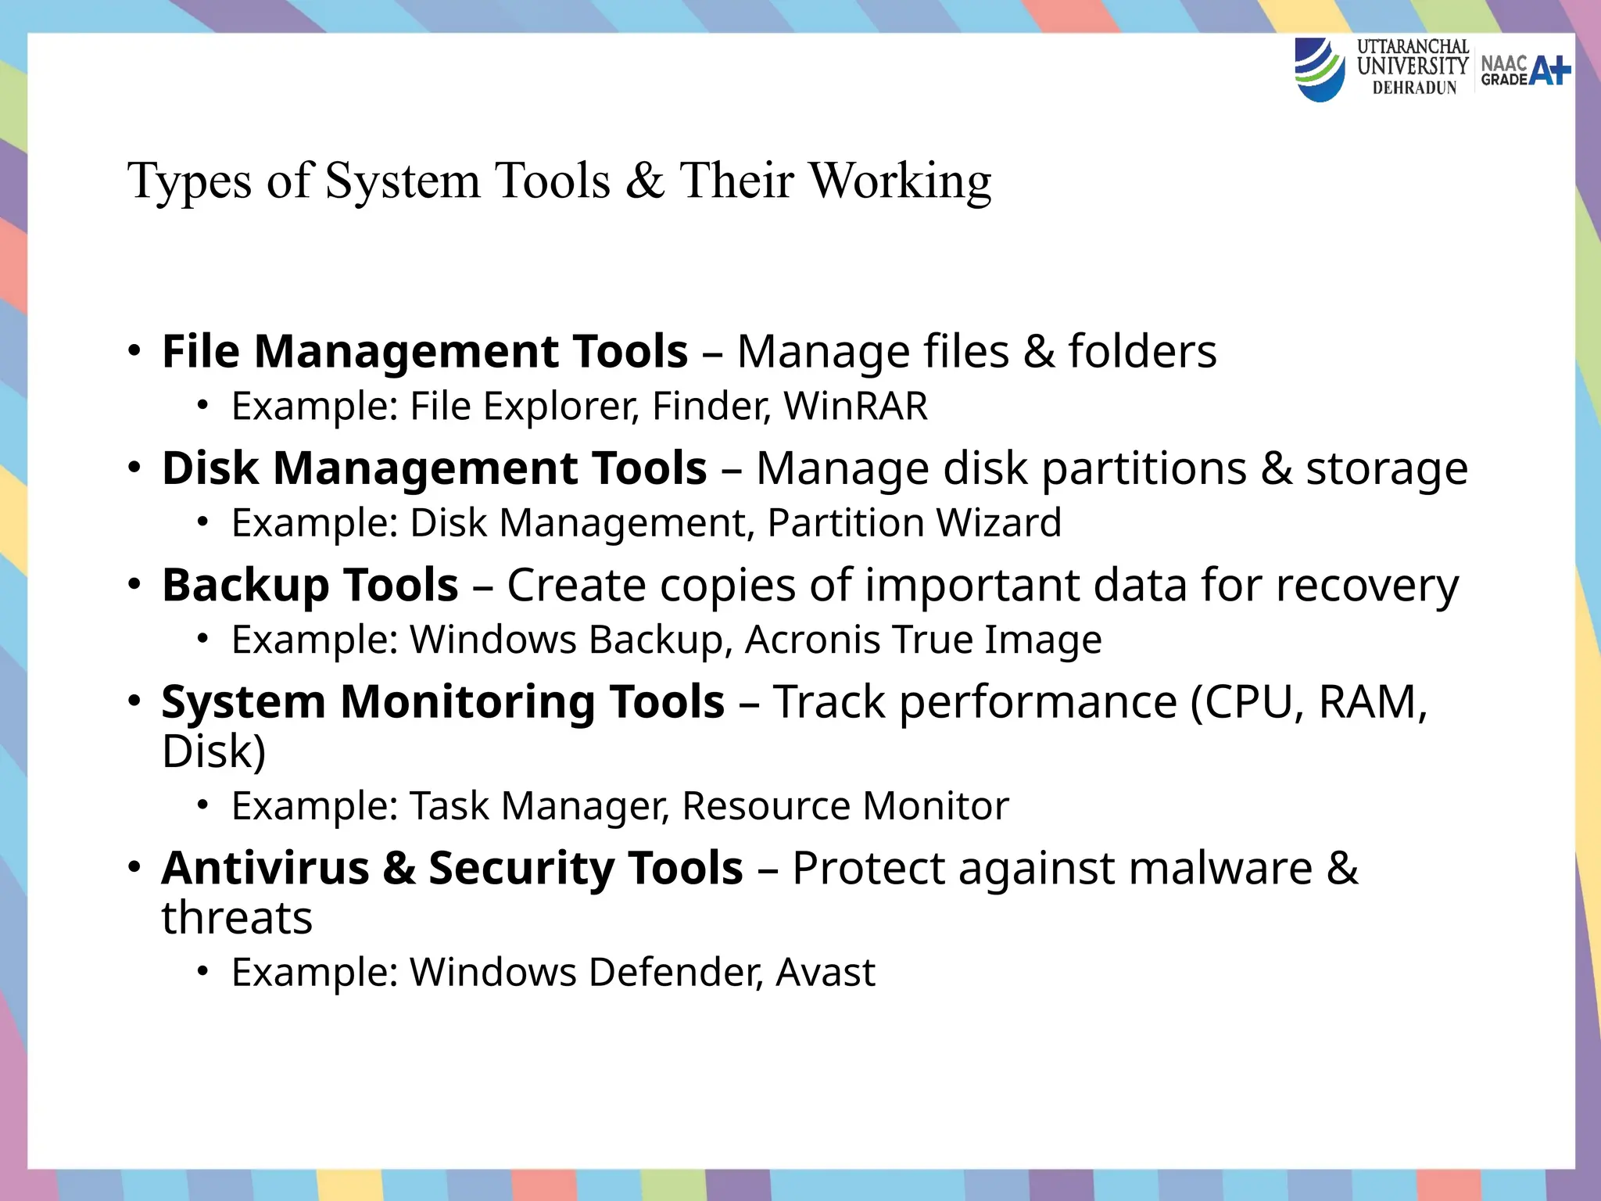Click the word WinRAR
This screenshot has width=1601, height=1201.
[855, 407]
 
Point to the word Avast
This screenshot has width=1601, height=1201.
[826, 973]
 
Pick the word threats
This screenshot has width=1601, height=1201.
[237, 918]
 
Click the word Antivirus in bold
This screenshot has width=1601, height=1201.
[266, 868]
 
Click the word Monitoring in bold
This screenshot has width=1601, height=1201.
[467, 701]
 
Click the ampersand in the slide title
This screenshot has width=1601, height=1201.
[644, 181]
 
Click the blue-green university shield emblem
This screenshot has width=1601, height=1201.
[1320, 69]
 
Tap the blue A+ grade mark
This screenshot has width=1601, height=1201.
[1549, 70]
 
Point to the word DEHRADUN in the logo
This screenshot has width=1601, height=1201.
[1414, 88]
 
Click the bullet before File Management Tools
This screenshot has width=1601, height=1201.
[134, 350]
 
